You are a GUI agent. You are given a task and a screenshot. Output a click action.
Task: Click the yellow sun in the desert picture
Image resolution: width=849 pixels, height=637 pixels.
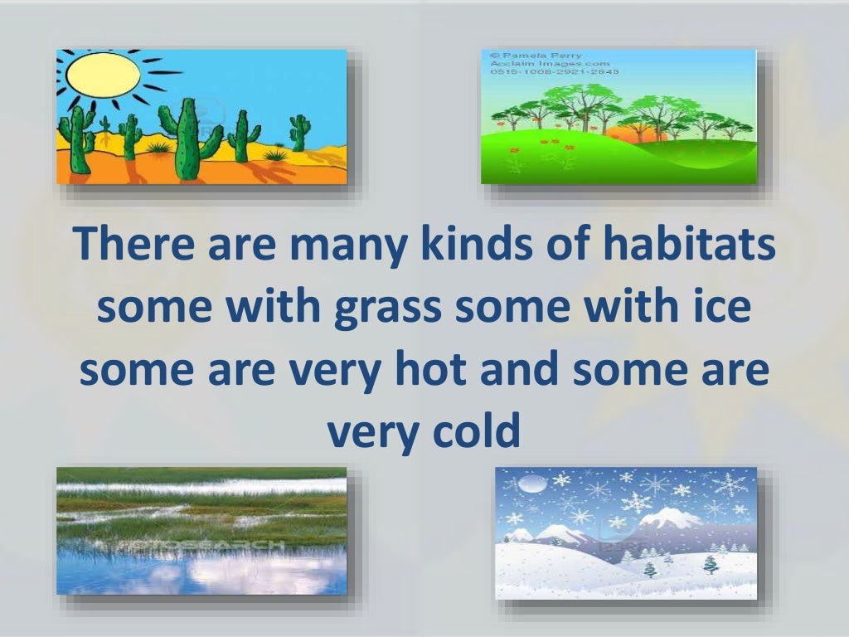[103, 75]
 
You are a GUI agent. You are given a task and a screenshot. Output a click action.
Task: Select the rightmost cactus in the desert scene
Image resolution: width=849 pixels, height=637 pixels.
[299, 133]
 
